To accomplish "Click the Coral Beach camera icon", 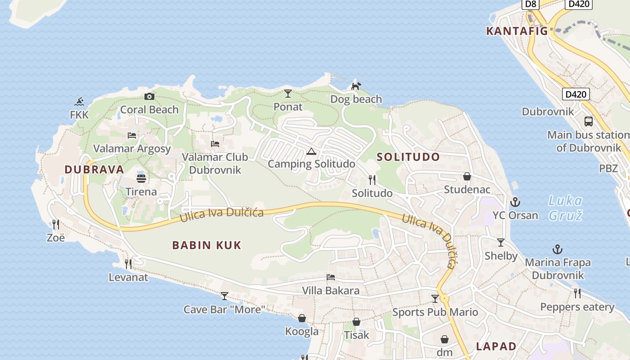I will coord(149,96).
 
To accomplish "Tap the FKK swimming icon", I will coord(80,101).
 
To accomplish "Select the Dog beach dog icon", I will coord(356,85).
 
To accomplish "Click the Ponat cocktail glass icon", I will coord(288,94).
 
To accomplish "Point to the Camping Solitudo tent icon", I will coord(311,151).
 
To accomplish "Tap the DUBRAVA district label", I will coord(94,170).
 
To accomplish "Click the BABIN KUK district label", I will coord(207,245).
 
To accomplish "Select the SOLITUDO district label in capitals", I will coord(408,157).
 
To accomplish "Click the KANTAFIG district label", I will coord(517,31).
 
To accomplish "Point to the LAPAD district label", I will coord(496,346).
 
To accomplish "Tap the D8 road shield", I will coord(531,4).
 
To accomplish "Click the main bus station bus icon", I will coord(588,121).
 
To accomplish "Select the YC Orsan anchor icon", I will coord(515,202).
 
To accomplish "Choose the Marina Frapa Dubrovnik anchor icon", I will coord(558,249).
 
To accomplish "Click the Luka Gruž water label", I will coord(566,207).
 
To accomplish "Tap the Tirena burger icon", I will coord(141,178).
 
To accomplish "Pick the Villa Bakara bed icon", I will coord(331,277).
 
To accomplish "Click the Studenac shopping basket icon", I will coord(467,176).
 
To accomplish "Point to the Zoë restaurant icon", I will coord(56,224).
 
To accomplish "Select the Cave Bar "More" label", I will coord(224,310).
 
